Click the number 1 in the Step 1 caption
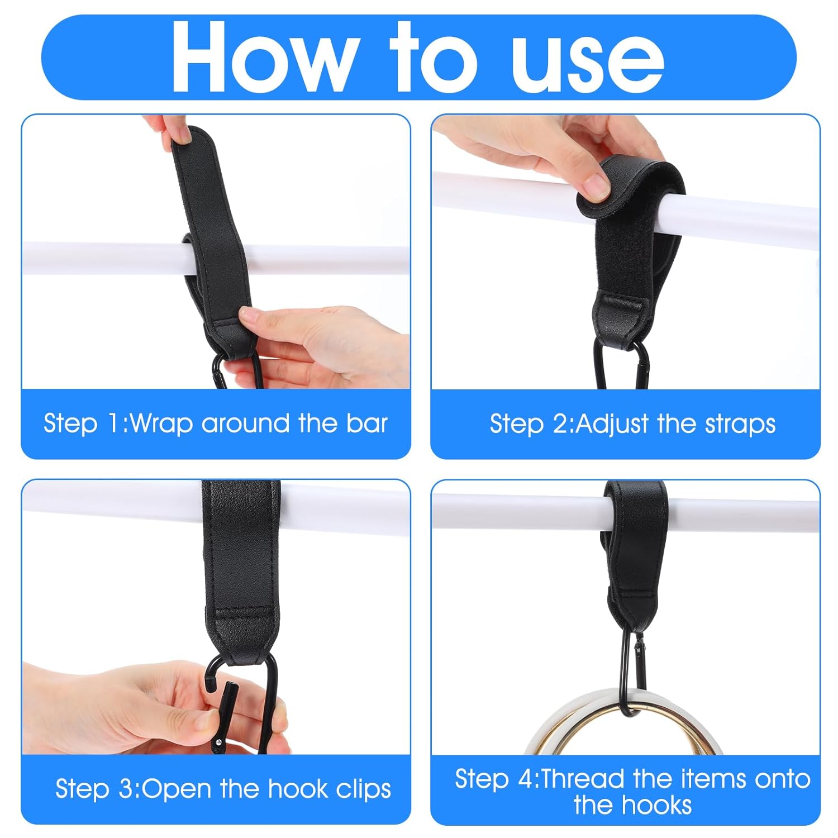(x=114, y=423)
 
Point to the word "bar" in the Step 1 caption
(x=366, y=423)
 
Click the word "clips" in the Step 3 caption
(x=364, y=789)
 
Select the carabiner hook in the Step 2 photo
(x=621, y=366)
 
